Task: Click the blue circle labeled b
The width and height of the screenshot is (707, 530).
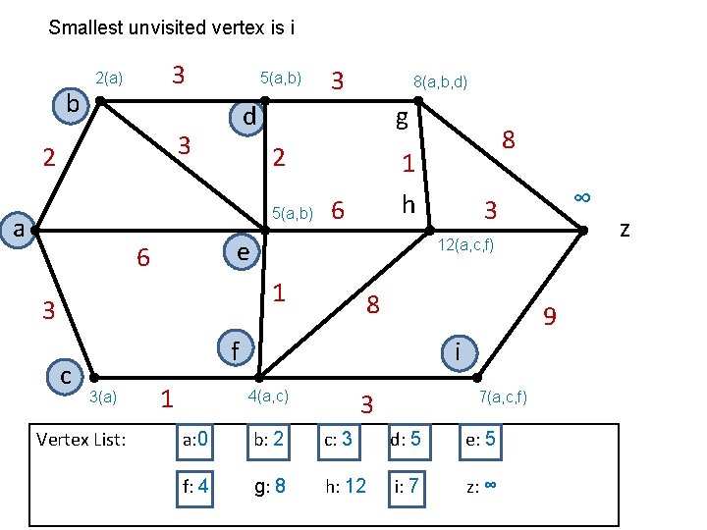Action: click(x=72, y=104)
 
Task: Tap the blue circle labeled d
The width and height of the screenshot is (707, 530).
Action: click(x=249, y=118)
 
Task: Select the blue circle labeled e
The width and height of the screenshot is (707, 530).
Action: click(x=240, y=251)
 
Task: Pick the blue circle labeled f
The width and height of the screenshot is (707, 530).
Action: click(x=235, y=349)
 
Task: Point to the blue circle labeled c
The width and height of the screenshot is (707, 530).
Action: click(x=65, y=376)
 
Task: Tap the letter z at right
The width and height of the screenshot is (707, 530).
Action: click(x=625, y=230)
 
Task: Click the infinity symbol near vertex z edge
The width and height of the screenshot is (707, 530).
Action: click(x=581, y=196)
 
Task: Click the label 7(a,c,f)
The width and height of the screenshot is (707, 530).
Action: click(x=503, y=397)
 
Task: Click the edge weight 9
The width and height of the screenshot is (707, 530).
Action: click(x=551, y=316)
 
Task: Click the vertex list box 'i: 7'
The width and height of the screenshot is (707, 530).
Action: click(x=408, y=485)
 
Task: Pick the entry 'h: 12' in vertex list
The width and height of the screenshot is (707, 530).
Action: click(x=343, y=485)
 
